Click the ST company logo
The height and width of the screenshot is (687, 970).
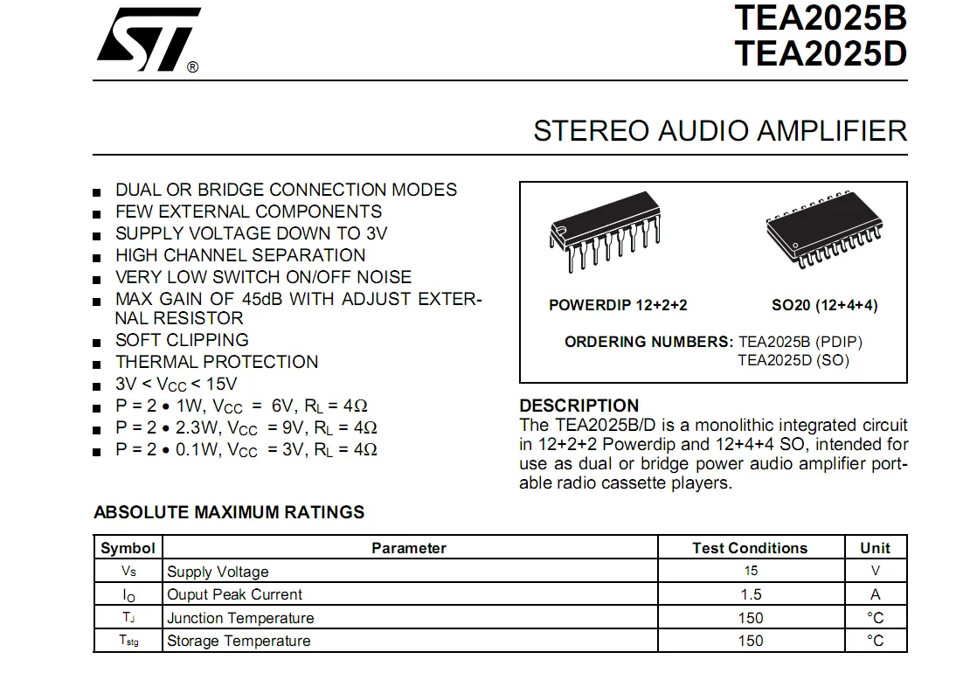coord(149,40)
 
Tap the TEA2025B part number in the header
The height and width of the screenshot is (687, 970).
coord(821,18)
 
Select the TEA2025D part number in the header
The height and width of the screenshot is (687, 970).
coord(821,54)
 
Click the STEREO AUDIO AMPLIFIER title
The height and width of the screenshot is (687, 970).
coord(720,131)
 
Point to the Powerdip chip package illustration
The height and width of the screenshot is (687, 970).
coord(605,231)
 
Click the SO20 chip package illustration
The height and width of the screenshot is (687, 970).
coord(824,229)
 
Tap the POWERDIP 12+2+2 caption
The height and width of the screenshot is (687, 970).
coord(618,305)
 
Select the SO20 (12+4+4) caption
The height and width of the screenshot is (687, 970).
coord(825,305)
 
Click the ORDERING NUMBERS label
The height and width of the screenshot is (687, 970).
coord(649,342)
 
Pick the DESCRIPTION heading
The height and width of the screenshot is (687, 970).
coord(579,406)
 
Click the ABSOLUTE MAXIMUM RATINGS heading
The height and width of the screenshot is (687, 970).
coord(229,512)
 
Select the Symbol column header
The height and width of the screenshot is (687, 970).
coord(128,548)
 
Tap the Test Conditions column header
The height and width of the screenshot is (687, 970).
coord(750,548)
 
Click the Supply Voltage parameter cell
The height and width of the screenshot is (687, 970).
coord(218,572)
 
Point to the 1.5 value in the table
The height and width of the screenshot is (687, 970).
coord(751,594)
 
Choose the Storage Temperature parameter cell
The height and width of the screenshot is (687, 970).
coord(239,641)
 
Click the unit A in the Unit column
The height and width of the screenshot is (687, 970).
coord(875,594)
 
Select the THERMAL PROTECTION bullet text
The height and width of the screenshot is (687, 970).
coord(217,362)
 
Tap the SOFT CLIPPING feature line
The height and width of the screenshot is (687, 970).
coord(182,340)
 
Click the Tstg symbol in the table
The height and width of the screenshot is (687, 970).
coord(128,641)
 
